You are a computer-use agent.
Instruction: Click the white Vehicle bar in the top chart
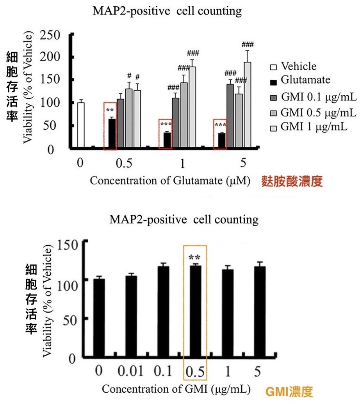click(81, 125)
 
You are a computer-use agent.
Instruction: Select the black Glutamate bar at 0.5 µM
click(112, 133)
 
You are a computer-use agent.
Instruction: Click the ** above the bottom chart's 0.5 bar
click(195, 257)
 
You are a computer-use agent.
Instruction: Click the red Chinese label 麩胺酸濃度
click(292, 182)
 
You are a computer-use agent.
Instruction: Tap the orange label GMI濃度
click(289, 391)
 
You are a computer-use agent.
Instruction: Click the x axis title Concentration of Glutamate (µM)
click(169, 181)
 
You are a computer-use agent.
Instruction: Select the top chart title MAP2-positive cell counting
click(167, 11)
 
